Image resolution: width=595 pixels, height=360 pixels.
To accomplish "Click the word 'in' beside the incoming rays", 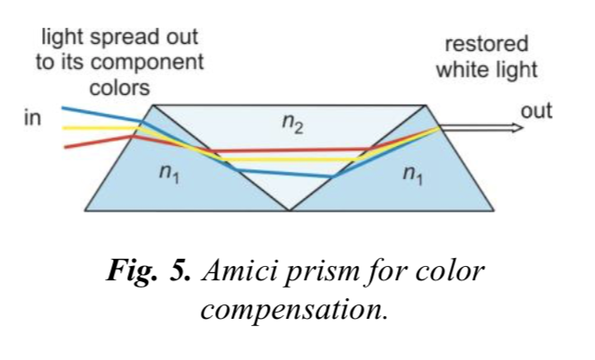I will point(33,117).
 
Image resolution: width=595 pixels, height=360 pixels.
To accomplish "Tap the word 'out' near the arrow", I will point(536,111).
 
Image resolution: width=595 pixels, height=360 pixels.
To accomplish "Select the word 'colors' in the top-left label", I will point(119,89).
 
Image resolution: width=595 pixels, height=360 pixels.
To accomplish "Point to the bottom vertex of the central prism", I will point(289,210).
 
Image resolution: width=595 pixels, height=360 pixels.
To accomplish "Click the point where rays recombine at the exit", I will point(439,129).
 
